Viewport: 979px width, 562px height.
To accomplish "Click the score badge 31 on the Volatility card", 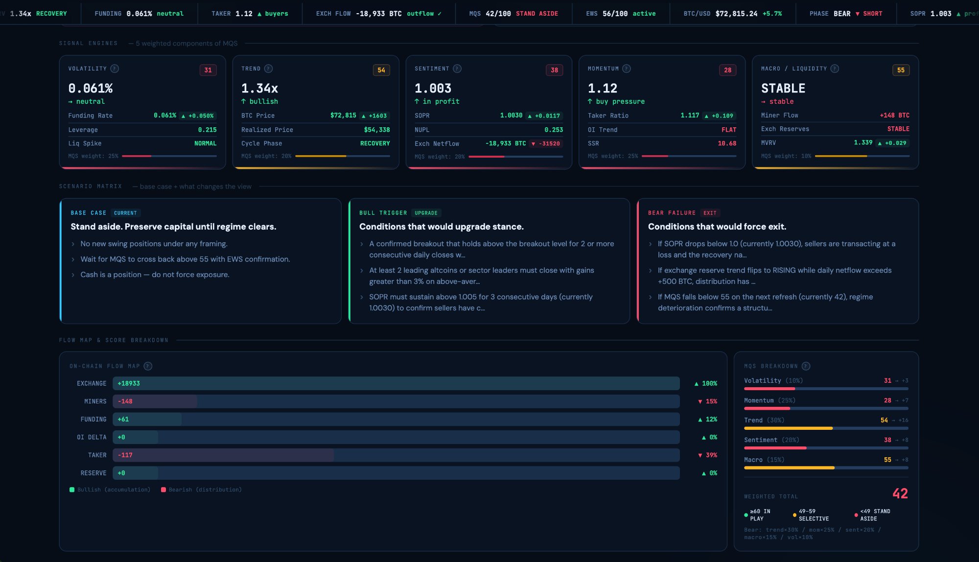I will point(208,70).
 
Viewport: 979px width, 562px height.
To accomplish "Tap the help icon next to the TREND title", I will point(268,69).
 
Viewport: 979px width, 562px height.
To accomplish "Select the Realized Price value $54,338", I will point(376,130).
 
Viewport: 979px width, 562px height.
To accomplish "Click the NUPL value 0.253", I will point(554,130).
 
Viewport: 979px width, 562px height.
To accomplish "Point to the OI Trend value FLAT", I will point(728,130).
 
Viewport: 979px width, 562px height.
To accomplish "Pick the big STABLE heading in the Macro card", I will point(783,88).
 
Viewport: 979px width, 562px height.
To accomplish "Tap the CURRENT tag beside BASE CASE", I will point(125,213).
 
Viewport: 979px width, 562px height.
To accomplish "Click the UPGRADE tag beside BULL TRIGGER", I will point(426,213).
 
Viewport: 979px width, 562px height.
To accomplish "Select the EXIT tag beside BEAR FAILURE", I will point(710,213).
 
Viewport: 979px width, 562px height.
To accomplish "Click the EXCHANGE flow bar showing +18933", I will point(396,383).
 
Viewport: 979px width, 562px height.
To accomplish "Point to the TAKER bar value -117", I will point(125,455).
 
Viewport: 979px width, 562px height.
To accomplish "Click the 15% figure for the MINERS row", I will point(711,401).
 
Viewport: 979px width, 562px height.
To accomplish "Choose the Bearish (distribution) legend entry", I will point(201,490).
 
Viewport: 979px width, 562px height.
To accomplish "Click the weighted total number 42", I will point(900,493).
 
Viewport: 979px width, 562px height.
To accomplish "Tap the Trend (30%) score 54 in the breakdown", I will point(884,420).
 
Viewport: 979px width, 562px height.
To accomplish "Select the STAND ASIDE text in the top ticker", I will point(536,14).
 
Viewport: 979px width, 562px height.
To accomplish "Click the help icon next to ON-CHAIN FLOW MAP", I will point(148,366).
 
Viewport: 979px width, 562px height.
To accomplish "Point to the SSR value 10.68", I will point(726,143).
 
